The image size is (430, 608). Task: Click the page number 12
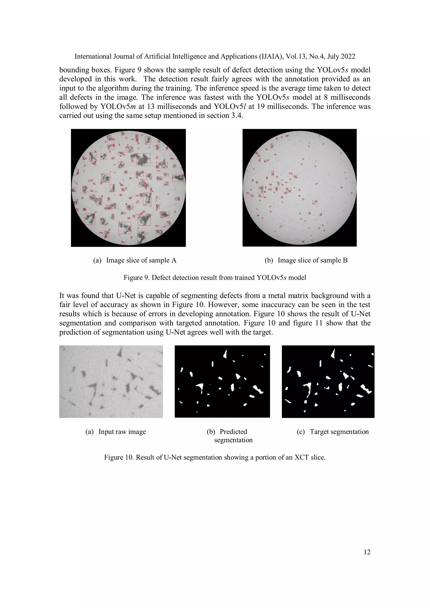pos(367,552)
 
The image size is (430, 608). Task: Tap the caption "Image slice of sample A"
pos(141,260)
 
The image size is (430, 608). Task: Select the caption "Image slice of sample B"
pos(312,260)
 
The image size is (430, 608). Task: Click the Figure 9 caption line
pos(215,278)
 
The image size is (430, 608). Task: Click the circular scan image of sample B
pos(299,188)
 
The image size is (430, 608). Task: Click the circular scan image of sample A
pos(128,188)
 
